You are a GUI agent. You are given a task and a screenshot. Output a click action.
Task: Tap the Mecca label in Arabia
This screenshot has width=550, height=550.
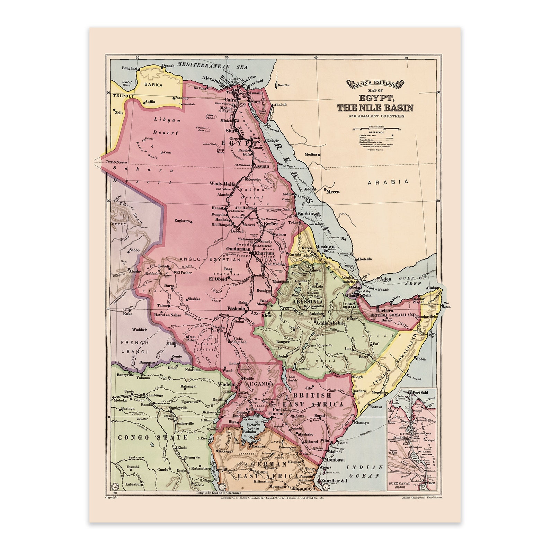tap(333, 192)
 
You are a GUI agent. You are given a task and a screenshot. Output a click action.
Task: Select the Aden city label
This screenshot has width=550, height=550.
tap(385, 279)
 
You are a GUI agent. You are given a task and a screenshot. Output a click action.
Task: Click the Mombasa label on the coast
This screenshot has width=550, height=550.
tap(334, 460)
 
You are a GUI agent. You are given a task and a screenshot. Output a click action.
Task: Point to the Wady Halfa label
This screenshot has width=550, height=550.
tap(222, 184)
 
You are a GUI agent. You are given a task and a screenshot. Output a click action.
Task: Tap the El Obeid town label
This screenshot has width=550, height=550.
tap(218, 278)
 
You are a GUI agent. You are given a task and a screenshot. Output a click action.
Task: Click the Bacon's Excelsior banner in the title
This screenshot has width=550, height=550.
tap(375, 84)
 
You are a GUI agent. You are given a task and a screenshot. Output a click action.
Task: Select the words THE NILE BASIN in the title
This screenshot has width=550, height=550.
tap(375, 108)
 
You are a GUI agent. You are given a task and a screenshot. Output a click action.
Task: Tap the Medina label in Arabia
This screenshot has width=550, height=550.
tap(311, 154)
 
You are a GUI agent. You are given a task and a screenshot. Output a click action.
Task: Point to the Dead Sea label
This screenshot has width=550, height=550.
tap(283, 85)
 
